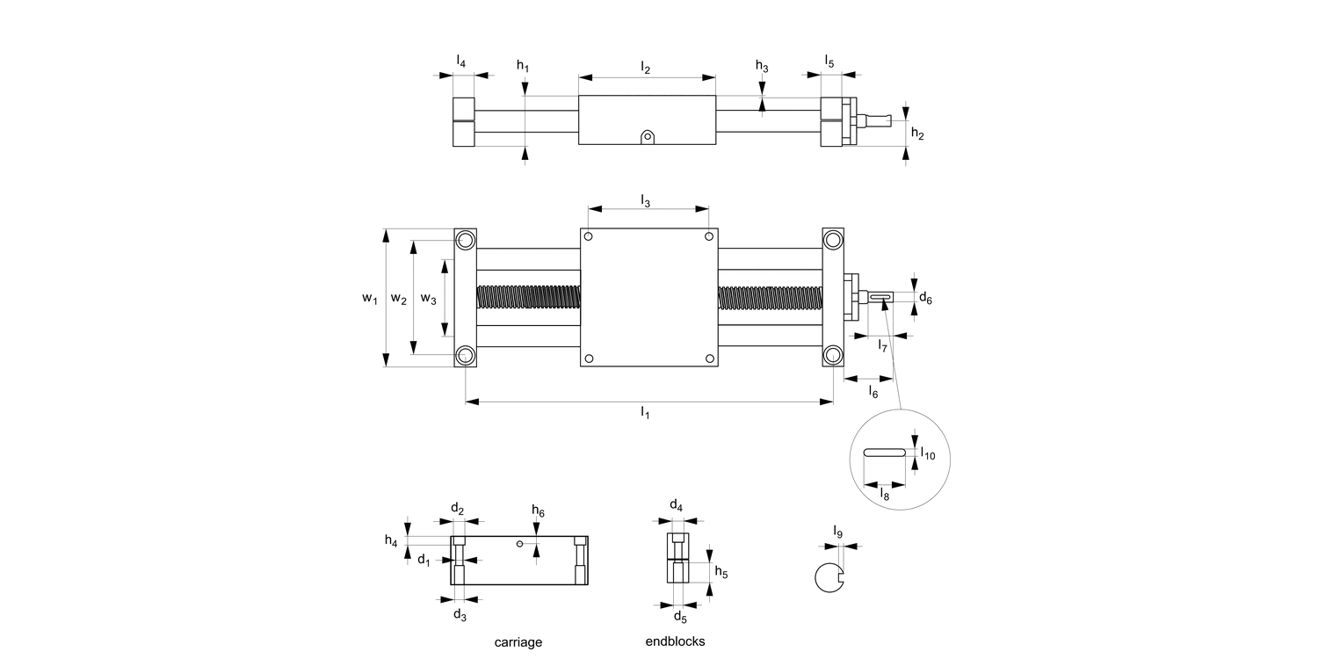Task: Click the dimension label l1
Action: coord(645,413)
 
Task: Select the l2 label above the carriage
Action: coord(645,68)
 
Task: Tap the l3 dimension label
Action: coord(645,202)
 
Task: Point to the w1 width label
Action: coord(370,299)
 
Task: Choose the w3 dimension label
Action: coord(428,299)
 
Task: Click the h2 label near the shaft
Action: coord(917,134)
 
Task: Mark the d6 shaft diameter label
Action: coord(925,300)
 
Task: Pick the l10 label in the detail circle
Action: coord(928,455)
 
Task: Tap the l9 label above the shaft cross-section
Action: coord(838,532)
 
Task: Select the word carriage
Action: coord(518,642)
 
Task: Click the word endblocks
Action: coord(675,641)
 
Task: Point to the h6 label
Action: coord(538,512)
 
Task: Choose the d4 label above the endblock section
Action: coord(676,505)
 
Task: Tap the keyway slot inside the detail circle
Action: coord(884,453)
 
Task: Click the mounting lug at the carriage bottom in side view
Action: coord(648,137)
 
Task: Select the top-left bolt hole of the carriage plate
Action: coord(589,237)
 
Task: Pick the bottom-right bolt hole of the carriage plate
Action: coord(709,358)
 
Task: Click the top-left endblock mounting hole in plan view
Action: coord(465,239)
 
